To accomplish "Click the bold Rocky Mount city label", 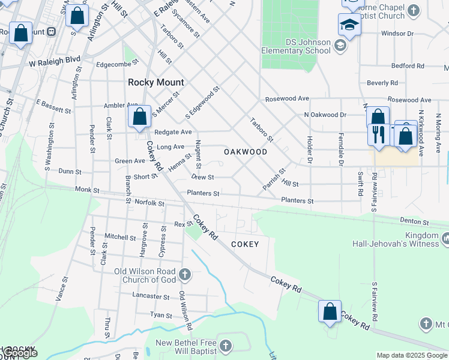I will [x=156, y=82].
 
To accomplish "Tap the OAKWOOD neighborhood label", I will [x=246, y=152].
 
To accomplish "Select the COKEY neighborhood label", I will [x=245, y=244].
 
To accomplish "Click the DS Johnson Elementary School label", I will [x=296, y=47].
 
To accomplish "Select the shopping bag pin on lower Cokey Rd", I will [x=330, y=312].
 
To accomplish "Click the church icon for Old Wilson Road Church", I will [x=185, y=275].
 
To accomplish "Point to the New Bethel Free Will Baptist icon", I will [x=225, y=346].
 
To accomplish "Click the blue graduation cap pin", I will [x=349, y=25].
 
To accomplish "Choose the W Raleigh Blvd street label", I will [x=55, y=60].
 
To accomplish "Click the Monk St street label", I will [x=87, y=190].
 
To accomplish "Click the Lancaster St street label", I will [x=151, y=296].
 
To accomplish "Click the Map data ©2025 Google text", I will [x=412, y=355].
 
